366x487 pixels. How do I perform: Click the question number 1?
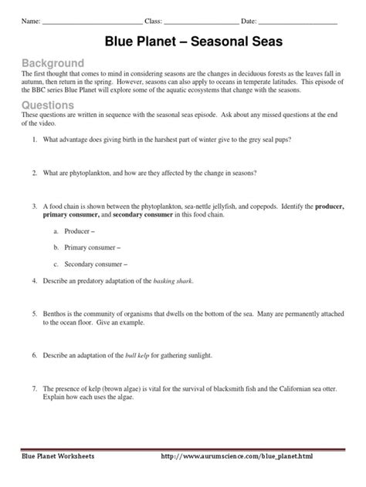click(36, 140)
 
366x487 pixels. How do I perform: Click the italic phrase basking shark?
click(174, 280)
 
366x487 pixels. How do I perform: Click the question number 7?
click(36, 389)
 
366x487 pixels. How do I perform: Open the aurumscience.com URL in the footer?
click(260, 457)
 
